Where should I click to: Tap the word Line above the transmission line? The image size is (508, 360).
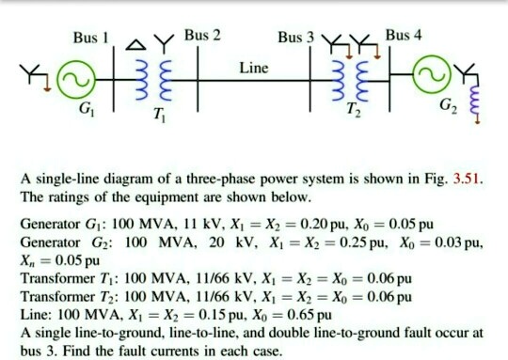(x=253, y=69)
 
